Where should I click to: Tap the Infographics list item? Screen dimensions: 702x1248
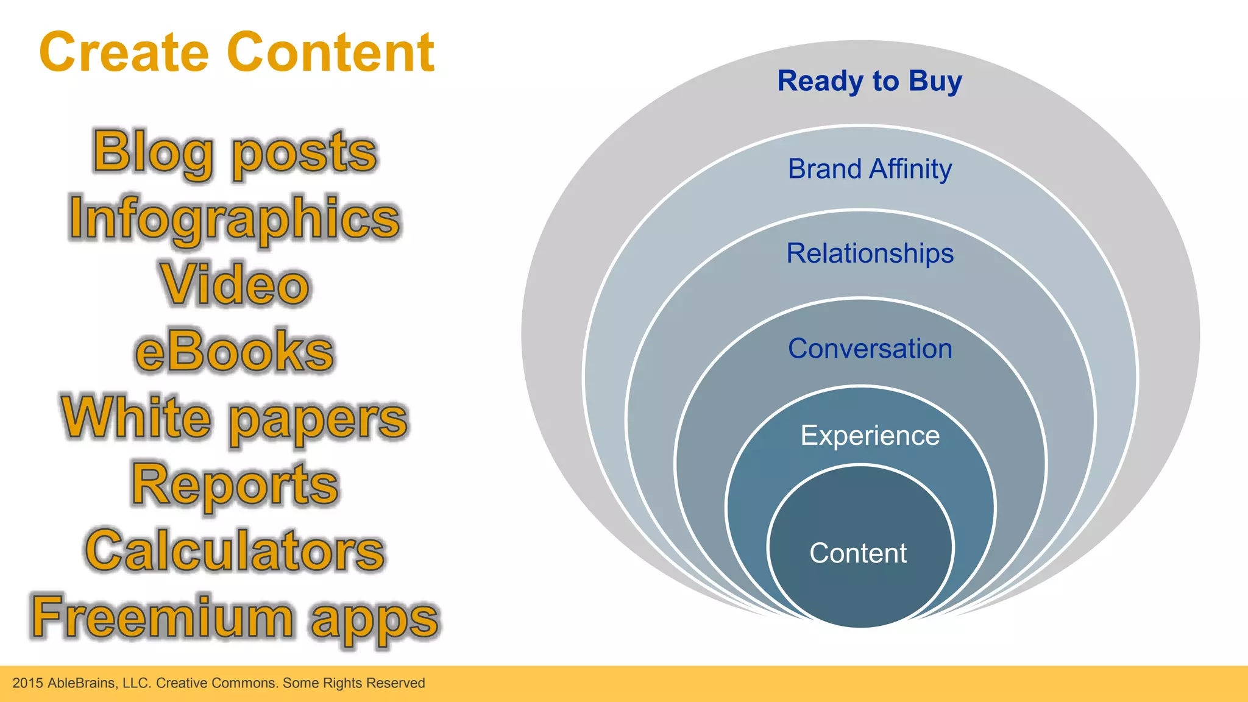[x=235, y=218]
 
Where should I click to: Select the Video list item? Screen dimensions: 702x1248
[x=235, y=285]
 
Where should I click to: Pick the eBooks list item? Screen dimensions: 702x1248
[x=235, y=351]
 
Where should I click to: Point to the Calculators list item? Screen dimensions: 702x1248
[x=235, y=551]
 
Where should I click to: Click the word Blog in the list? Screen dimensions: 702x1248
[x=153, y=152]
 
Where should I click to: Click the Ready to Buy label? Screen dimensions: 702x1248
[x=870, y=81]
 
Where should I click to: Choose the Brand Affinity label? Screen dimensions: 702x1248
[x=870, y=169]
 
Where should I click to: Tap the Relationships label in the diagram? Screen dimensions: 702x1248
[x=870, y=253]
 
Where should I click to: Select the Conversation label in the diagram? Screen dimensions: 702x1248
[x=870, y=349]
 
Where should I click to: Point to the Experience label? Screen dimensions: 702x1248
[x=870, y=436]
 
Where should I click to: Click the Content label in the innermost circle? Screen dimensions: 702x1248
[x=858, y=553]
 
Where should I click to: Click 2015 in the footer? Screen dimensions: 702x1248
[x=28, y=683]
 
